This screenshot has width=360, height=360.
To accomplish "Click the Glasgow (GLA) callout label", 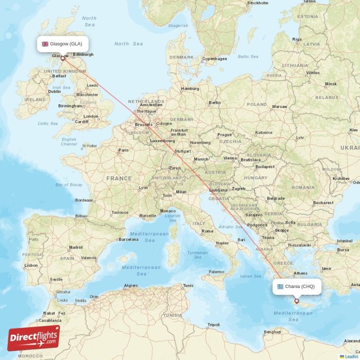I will (x=63, y=44).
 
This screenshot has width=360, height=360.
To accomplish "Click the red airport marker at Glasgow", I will (x=63, y=58).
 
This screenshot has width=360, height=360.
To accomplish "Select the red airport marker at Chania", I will (x=297, y=301).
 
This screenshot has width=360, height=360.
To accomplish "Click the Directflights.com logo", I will (x=34, y=338).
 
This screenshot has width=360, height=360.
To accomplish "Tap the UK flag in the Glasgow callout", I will (x=45, y=44).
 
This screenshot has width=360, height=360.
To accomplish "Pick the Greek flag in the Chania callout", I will (x=280, y=287).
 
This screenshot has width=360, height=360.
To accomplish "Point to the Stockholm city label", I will (x=258, y=3).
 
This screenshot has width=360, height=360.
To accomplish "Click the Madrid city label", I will (x=76, y=247).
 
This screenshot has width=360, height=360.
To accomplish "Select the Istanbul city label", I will (x=344, y=241).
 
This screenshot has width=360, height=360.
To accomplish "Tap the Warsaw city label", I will (x=279, y=107).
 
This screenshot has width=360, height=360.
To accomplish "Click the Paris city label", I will (x=123, y=150).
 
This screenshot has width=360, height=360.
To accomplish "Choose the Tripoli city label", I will (x=213, y=324).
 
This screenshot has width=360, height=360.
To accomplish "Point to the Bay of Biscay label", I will (x=69, y=185).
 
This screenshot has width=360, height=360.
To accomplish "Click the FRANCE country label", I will (x=119, y=179).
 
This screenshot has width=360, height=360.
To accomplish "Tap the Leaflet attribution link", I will (x=351, y=357).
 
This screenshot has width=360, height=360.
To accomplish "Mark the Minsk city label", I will (x=331, y=84).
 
